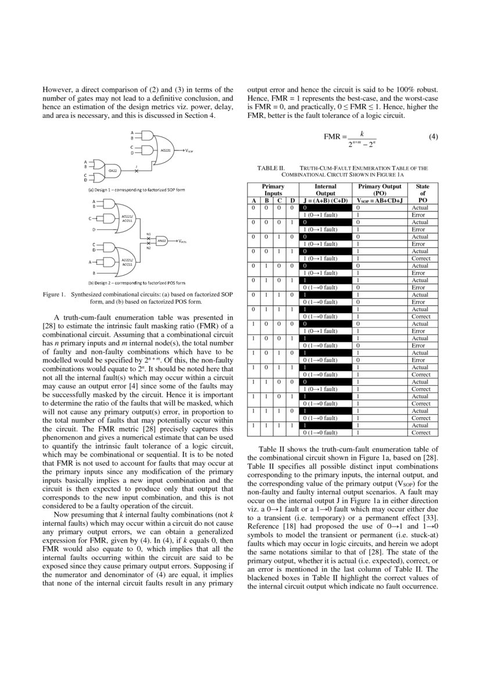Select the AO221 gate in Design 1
[x=165, y=150]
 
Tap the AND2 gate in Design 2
[x=163, y=240]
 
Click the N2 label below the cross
[x=148, y=248]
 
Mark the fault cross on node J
[x=136, y=171]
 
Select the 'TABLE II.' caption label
[x=270, y=168]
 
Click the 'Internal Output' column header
[x=325, y=190]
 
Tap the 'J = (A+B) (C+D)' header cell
[x=325, y=200]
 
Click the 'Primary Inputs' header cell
[x=273, y=190]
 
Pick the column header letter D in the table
[x=292, y=200]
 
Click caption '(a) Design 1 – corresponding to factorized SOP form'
[x=137, y=191]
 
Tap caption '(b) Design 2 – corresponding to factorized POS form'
[x=137, y=283]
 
